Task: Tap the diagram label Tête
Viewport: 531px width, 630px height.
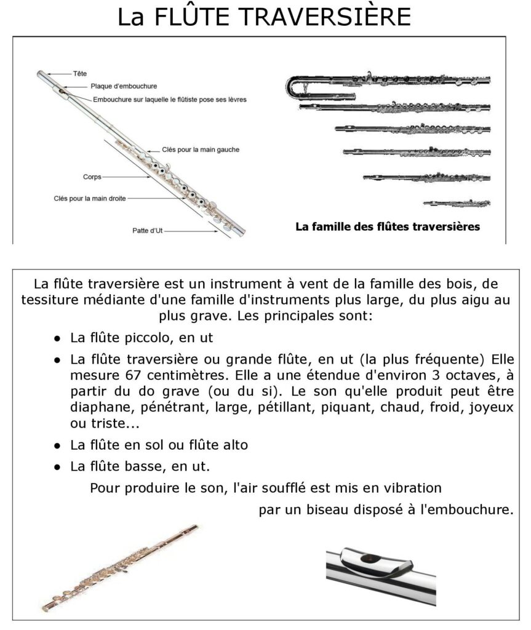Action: (80, 73)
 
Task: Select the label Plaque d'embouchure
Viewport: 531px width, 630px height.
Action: (124, 86)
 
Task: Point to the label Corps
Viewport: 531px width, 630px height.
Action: (92, 177)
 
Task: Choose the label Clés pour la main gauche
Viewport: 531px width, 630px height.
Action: (201, 150)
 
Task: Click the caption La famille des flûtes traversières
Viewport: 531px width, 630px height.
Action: (388, 226)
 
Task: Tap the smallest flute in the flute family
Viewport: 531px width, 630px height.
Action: (457, 202)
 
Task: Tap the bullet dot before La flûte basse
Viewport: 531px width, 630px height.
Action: (57, 467)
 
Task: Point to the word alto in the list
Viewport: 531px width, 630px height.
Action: (234, 444)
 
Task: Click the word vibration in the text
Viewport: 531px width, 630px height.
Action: (410, 488)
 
